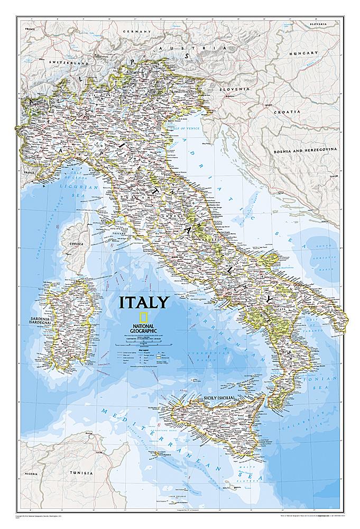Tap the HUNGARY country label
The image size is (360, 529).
click(x=307, y=53)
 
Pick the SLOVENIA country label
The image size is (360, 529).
click(x=236, y=89)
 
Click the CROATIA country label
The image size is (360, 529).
click(x=287, y=112)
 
